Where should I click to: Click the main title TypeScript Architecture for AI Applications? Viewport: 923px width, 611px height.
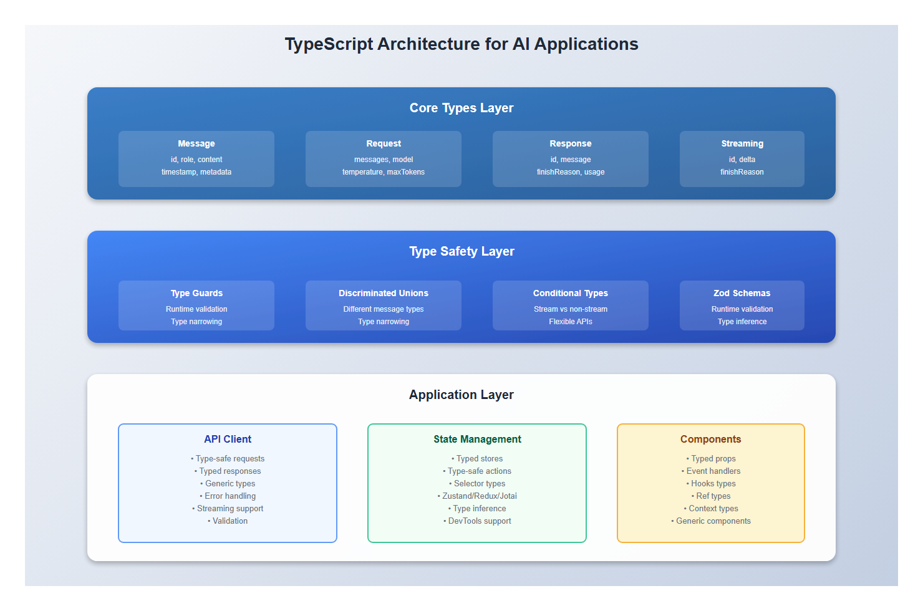[x=461, y=44]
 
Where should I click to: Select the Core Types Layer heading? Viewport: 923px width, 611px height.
[x=461, y=108]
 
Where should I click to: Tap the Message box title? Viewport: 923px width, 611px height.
[x=196, y=143]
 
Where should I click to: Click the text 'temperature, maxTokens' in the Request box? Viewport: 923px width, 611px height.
[x=384, y=172]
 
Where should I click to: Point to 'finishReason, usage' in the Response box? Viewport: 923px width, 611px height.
[x=571, y=172]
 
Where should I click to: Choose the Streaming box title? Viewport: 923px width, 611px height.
[x=742, y=143]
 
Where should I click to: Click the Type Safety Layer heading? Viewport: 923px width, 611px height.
[x=461, y=251]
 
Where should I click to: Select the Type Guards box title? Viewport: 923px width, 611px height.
[x=196, y=293]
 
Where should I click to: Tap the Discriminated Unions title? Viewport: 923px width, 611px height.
[x=384, y=293]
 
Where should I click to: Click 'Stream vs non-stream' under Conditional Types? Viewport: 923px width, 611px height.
[x=571, y=309]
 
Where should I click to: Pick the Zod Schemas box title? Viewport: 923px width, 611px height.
[x=742, y=293]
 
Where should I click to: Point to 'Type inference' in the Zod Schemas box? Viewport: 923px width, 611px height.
[x=742, y=322]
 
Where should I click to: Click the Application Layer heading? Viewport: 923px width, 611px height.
[x=461, y=395]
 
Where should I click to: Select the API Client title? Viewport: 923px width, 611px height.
[x=228, y=439]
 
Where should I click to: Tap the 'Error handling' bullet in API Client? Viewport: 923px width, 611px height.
[x=230, y=496]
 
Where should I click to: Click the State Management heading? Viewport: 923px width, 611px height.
[x=477, y=439]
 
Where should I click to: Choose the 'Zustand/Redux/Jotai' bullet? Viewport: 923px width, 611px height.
[x=479, y=496]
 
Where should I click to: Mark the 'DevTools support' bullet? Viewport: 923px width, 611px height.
[x=479, y=521]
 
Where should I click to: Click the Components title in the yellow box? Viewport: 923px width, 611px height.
[x=711, y=439]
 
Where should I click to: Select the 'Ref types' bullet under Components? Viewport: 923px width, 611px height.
[x=713, y=496]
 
